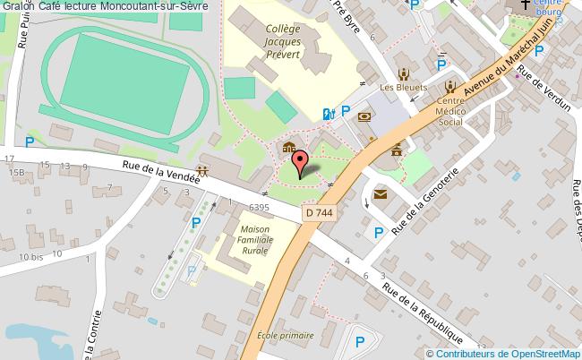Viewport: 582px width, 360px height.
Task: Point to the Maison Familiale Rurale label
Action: pos(255,241)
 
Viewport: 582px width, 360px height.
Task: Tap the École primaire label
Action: pos(286,336)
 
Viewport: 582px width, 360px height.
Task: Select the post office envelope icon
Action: pos(380,193)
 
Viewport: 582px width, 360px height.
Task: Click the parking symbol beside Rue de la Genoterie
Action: pos(379,233)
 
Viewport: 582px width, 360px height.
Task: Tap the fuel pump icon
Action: pos(328,113)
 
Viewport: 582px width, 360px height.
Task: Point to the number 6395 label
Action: pos(260,207)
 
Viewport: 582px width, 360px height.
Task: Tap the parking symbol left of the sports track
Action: pos(30,141)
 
